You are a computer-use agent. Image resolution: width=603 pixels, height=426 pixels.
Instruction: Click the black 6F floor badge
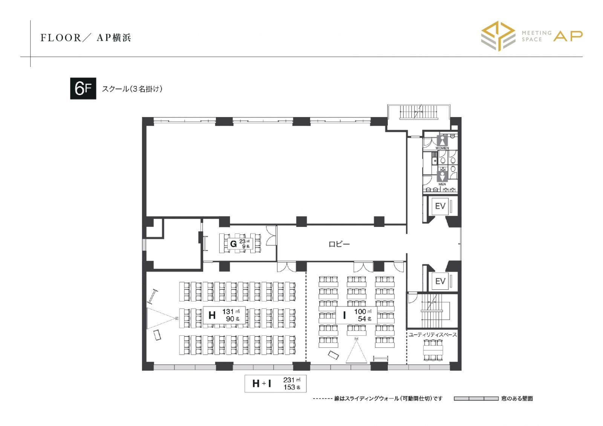click(83, 88)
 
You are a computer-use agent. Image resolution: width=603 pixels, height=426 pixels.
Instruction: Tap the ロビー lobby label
click(339, 244)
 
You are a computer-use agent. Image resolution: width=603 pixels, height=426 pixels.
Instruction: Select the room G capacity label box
click(240, 244)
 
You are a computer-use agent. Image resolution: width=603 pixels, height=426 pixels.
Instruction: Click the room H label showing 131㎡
click(224, 315)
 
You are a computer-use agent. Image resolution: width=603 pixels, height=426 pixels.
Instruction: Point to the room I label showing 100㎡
click(357, 315)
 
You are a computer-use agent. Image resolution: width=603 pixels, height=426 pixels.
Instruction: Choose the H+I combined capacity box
click(275, 383)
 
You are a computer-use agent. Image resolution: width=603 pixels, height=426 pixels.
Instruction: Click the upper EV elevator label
click(440, 206)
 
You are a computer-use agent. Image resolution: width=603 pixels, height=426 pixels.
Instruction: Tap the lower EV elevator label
click(440, 281)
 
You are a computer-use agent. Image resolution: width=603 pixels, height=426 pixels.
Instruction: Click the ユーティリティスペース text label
click(433, 335)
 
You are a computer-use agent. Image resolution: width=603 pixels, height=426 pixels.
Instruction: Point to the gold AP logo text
click(568, 36)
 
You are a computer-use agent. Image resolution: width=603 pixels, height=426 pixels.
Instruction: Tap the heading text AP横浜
click(114, 38)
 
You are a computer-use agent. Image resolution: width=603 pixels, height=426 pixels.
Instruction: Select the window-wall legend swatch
click(476, 399)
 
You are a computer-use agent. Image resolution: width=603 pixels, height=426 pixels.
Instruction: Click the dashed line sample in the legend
click(323, 399)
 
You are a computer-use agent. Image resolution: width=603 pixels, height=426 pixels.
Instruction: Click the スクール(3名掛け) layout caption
click(132, 89)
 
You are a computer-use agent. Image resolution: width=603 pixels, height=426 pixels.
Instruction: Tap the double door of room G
click(271, 236)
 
